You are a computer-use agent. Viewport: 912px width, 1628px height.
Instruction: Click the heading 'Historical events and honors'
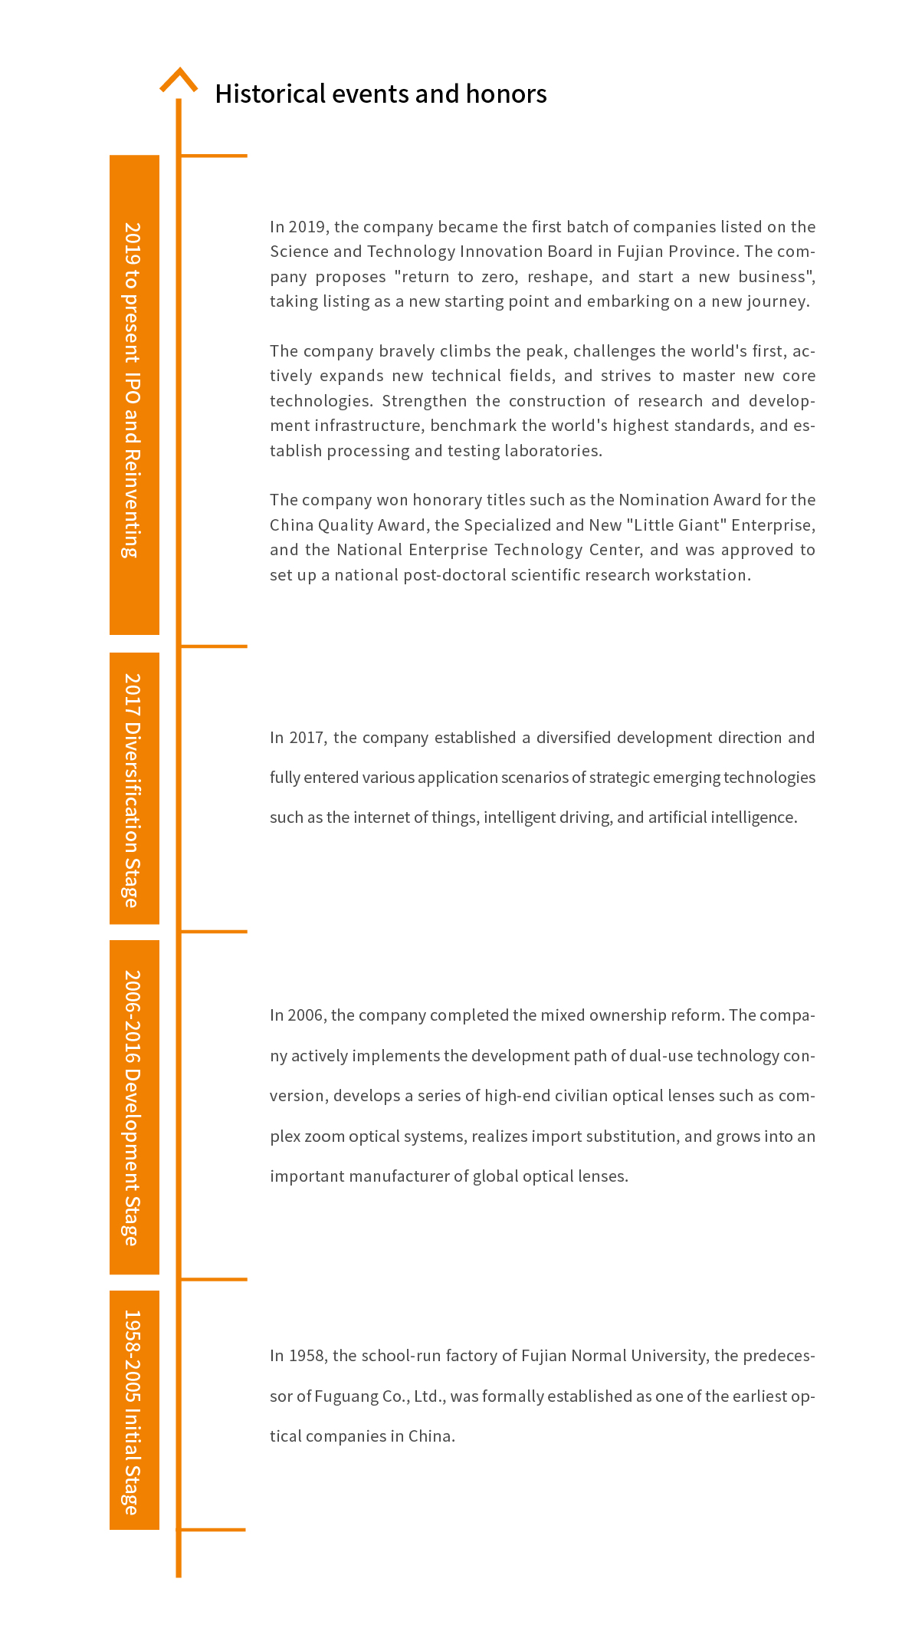click(x=381, y=94)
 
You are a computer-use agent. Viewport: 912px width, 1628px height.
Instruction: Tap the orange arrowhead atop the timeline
click(x=179, y=79)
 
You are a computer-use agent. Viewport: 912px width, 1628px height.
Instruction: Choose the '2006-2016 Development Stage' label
click(x=134, y=1108)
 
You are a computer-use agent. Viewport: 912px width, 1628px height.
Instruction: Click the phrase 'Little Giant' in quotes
click(x=677, y=525)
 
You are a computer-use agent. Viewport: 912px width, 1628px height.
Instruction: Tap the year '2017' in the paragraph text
click(x=307, y=738)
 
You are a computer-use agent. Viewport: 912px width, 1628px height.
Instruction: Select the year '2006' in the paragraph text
click(x=305, y=1015)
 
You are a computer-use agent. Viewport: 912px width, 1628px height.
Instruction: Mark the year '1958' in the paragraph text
click(x=307, y=1356)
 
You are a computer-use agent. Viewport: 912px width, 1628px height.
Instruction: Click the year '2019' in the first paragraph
click(x=308, y=227)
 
